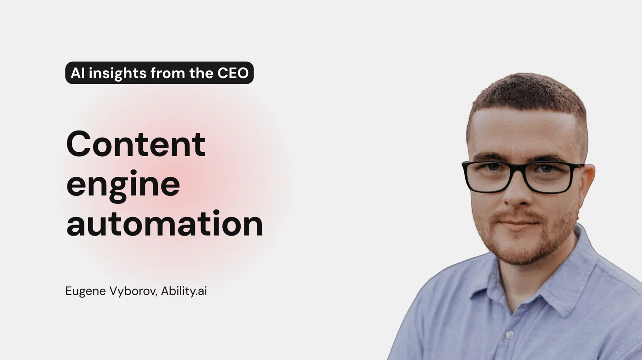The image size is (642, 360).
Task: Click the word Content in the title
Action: tap(136, 144)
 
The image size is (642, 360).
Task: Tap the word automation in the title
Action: tap(164, 224)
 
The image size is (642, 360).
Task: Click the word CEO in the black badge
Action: tap(233, 73)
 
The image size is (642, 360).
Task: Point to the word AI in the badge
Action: tap(77, 73)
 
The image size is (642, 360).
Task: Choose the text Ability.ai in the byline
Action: tap(184, 292)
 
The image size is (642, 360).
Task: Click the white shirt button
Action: tap(510, 335)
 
